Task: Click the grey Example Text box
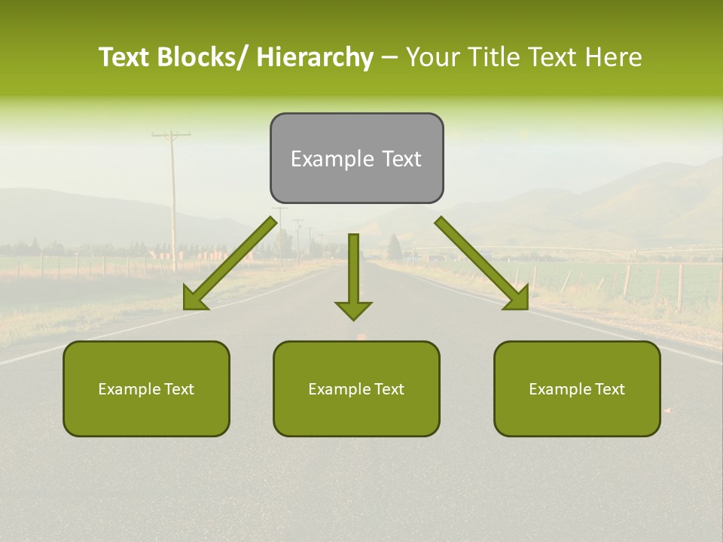coord(356,158)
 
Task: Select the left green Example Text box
coord(146,388)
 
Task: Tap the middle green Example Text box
coord(356,388)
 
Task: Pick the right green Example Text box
coord(577,388)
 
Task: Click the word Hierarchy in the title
coord(315,57)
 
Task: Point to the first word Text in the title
coord(127,57)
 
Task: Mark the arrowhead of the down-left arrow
coord(194,298)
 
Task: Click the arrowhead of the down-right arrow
coord(517,298)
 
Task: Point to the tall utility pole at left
coord(172,196)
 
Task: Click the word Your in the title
coord(432,57)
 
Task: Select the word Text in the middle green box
coord(389,389)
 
